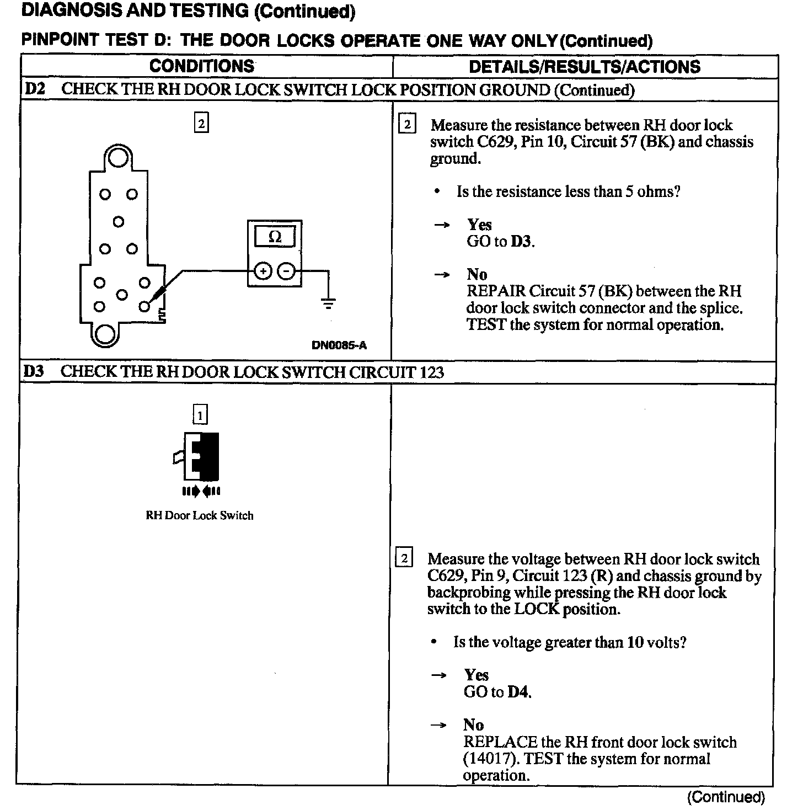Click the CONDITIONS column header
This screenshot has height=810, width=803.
(202, 67)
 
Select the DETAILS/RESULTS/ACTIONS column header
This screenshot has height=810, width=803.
(584, 67)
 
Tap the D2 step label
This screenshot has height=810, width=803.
(34, 89)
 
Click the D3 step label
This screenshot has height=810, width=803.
(34, 371)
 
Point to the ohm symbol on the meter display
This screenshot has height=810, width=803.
(275, 237)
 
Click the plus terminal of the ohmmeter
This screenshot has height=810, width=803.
(264, 271)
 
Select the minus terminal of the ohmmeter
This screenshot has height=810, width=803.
(286, 271)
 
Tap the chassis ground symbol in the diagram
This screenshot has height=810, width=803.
(329, 302)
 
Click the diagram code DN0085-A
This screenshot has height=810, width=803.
(339, 346)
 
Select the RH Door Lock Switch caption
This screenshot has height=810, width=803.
(200, 515)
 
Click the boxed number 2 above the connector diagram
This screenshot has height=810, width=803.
(201, 123)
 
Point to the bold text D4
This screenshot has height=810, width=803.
(518, 692)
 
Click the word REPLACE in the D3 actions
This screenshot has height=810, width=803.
(500, 742)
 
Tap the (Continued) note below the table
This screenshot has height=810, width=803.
(726, 797)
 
